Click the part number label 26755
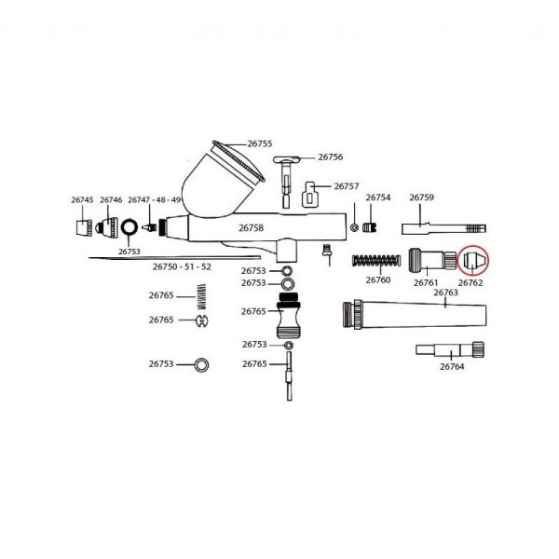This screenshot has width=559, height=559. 259,143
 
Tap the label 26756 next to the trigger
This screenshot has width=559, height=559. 331,157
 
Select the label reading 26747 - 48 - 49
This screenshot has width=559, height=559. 155,199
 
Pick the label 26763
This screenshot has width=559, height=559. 446,293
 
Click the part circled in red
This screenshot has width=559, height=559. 474,259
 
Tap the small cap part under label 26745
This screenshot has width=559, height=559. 82,225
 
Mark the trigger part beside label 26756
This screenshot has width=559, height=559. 287,175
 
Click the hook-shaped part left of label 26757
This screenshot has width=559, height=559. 312,195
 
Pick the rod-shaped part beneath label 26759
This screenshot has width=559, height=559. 443,226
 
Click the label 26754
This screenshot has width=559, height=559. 377,198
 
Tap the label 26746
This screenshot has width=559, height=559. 111,199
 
